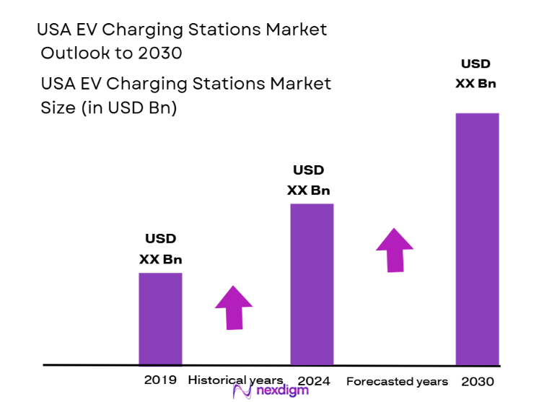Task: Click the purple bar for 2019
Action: point(160,318)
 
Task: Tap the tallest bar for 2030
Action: point(477,239)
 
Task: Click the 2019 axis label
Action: point(160,380)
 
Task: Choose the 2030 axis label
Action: point(477,380)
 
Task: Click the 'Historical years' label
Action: point(235,380)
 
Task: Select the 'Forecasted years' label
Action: point(397,381)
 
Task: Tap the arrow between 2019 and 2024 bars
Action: point(234,307)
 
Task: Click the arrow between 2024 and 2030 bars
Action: point(395,250)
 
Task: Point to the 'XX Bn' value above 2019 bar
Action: point(160,260)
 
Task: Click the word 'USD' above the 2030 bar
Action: point(476,64)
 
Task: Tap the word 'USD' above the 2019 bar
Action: point(160,239)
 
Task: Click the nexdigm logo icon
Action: point(241,391)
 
